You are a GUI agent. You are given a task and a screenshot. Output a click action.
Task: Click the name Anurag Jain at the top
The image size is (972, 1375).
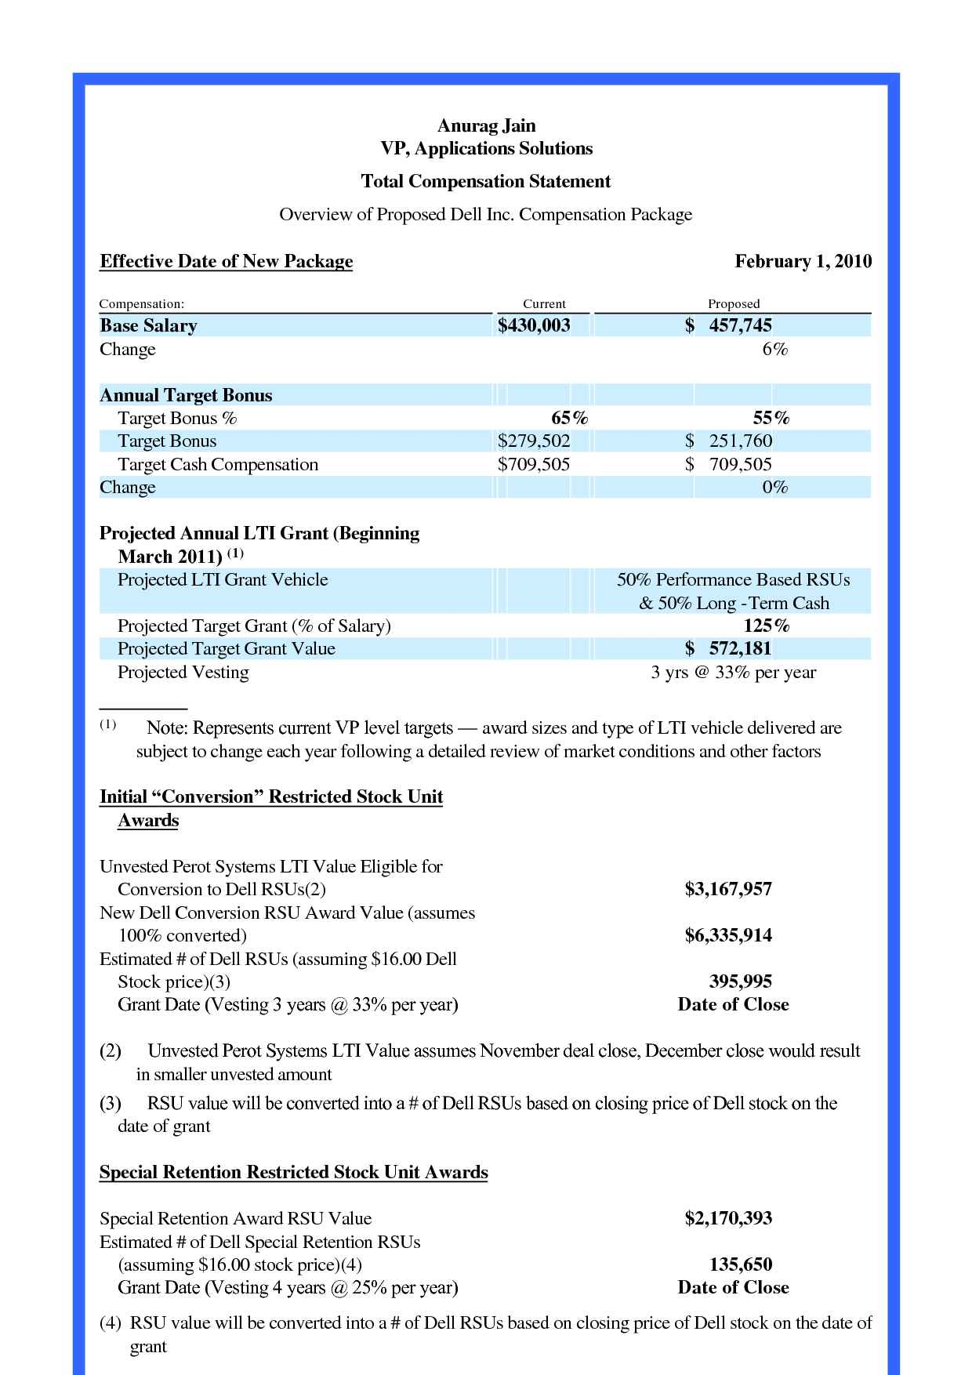(x=486, y=125)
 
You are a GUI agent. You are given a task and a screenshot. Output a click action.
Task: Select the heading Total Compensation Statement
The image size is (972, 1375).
(x=485, y=182)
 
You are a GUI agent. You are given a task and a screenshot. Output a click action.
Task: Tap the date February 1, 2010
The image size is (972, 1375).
(x=803, y=262)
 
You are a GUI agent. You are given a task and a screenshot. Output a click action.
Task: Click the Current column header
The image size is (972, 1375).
(x=544, y=304)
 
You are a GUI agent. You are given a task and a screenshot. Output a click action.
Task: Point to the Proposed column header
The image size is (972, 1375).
(x=734, y=304)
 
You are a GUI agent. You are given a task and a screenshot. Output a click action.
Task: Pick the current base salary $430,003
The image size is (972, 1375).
(x=534, y=326)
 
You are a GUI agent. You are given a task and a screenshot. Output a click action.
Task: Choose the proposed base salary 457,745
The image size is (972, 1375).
(x=740, y=326)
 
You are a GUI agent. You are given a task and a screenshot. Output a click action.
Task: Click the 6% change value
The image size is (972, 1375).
(x=775, y=350)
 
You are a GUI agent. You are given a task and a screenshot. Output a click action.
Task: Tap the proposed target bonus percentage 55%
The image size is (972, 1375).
(x=771, y=419)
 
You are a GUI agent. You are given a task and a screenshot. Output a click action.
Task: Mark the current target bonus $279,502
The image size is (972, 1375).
(x=534, y=441)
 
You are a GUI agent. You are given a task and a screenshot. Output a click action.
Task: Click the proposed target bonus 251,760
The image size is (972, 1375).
(x=740, y=441)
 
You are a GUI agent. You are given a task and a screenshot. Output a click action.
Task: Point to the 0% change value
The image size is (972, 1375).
(x=775, y=488)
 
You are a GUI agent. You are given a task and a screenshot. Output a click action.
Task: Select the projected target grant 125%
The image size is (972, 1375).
(x=766, y=626)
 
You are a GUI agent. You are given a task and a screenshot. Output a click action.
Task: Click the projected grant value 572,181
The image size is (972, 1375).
(x=740, y=649)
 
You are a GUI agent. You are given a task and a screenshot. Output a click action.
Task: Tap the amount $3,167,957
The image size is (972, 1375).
(x=728, y=890)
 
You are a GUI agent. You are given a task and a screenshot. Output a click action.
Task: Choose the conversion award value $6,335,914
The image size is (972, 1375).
(x=728, y=936)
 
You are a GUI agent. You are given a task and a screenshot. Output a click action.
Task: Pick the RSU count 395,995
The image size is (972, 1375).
(x=740, y=982)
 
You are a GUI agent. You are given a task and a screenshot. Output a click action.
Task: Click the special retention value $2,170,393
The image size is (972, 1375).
(x=728, y=1219)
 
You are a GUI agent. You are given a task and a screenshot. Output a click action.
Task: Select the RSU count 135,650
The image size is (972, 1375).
(x=740, y=1265)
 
